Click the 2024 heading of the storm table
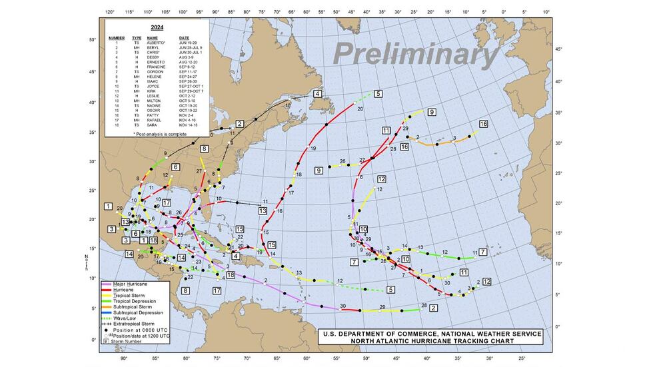point(157,28)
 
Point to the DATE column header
point(183,38)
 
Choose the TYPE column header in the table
point(137,38)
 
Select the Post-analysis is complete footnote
point(157,134)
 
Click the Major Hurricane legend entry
point(129,284)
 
